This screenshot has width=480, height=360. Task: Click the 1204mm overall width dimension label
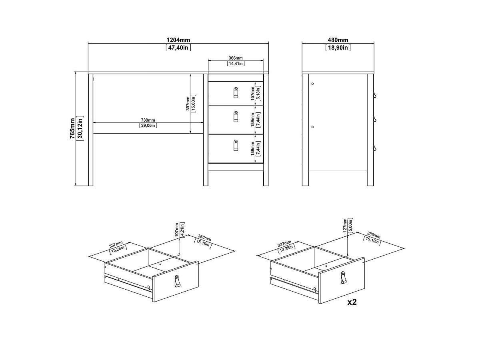pyautogui.click(x=178, y=40)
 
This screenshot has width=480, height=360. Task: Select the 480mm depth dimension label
pyautogui.click(x=338, y=40)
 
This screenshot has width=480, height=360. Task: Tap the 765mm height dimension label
pyautogui.click(x=72, y=128)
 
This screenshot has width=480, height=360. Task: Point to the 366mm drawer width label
pyautogui.click(x=236, y=58)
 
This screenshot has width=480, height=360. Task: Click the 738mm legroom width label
pyautogui.click(x=148, y=120)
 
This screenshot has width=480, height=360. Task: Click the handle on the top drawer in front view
pyautogui.click(x=236, y=92)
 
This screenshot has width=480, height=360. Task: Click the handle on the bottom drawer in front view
pyautogui.click(x=236, y=146)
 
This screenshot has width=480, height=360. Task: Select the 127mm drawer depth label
pyautogui.click(x=345, y=226)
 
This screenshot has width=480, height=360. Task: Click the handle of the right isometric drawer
pyautogui.click(x=343, y=278)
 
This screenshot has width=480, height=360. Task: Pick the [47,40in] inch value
pyautogui.click(x=178, y=48)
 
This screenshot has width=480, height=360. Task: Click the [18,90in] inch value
pyautogui.click(x=338, y=48)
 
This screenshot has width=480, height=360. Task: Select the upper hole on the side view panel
pyautogui.click(x=312, y=84)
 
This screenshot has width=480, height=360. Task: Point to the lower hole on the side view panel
pyautogui.click(x=312, y=127)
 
